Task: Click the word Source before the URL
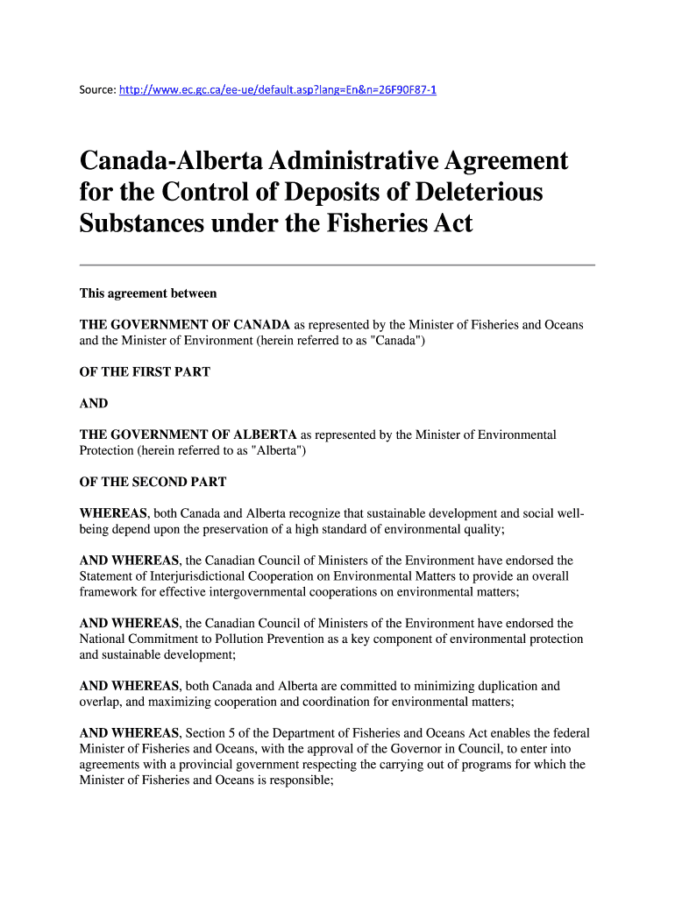pyautogui.click(x=96, y=89)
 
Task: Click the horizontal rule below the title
pyautogui.click(x=337, y=265)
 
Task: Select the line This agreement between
pyautogui.click(x=148, y=293)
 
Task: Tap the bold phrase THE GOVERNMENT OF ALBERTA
pyautogui.click(x=188, y=434)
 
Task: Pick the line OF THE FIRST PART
pyautogui.click(x=145, y=372)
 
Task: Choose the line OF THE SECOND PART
pyautogui.click(x=153, y=482)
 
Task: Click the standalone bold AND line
pyautogui.click(x=94, y=404)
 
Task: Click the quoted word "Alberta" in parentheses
pyautogui.click(x=277, y=450)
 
